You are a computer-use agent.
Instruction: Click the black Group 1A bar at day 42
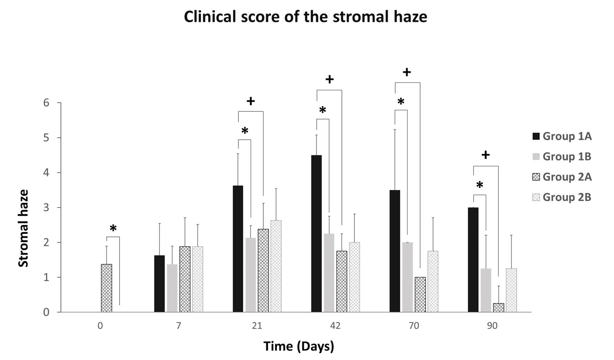pyautogui.click(x=316, y=234)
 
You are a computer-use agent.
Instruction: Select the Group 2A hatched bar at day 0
pyautogui.click(x=107, y=288)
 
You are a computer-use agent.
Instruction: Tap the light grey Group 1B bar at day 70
pyautogui.click(x=407, y=277)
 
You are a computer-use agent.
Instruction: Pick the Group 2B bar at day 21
pyautogui.click(x=276, y=266)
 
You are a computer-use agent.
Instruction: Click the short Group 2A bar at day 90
pyautogui.click(x=498, y=308)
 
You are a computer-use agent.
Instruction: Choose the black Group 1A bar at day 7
pyautogui.click(x=160, y=284)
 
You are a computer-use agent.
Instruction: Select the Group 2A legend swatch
pyautogui.click(x=536, y=177)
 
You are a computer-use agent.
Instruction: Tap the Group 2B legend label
pyautogui.click(x=567, y=197)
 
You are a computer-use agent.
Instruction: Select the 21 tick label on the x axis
pyautogui.click(x=257, y=326)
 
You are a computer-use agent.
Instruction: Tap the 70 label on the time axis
pyautogui.click(x=414, y=326)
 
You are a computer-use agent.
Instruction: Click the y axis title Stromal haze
pyautogui.click(x=24, y=228)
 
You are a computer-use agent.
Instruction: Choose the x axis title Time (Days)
pyautogui.click(x=299, y=346)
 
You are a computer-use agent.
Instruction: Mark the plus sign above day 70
pyautogui.click(x=407, y=72)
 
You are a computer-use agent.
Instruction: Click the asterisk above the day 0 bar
pyautogui.click(x=113, y=228)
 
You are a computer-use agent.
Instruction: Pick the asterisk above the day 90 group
pyautogui.click(x=480, y=185)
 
